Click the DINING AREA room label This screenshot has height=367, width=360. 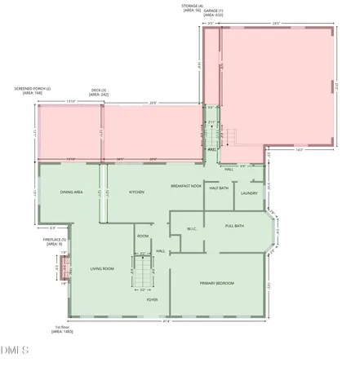coord(72,192)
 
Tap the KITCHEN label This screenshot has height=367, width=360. coord(136,192)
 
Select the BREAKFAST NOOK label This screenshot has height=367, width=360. coord(186,186)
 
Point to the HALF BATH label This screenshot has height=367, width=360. coord(219,188)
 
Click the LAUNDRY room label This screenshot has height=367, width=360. coord(249,193)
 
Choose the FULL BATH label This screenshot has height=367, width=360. coord(235,225)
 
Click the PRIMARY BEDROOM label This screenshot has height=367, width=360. coord(217,283)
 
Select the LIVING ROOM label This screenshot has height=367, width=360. coord(101,268)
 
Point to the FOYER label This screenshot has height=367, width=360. coord(152,299)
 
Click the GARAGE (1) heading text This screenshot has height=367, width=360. coord(213,11)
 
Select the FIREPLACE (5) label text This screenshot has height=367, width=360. coord(55,240)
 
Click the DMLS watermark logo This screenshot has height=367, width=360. coord(15,352)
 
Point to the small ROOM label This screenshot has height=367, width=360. coord(143,236)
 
